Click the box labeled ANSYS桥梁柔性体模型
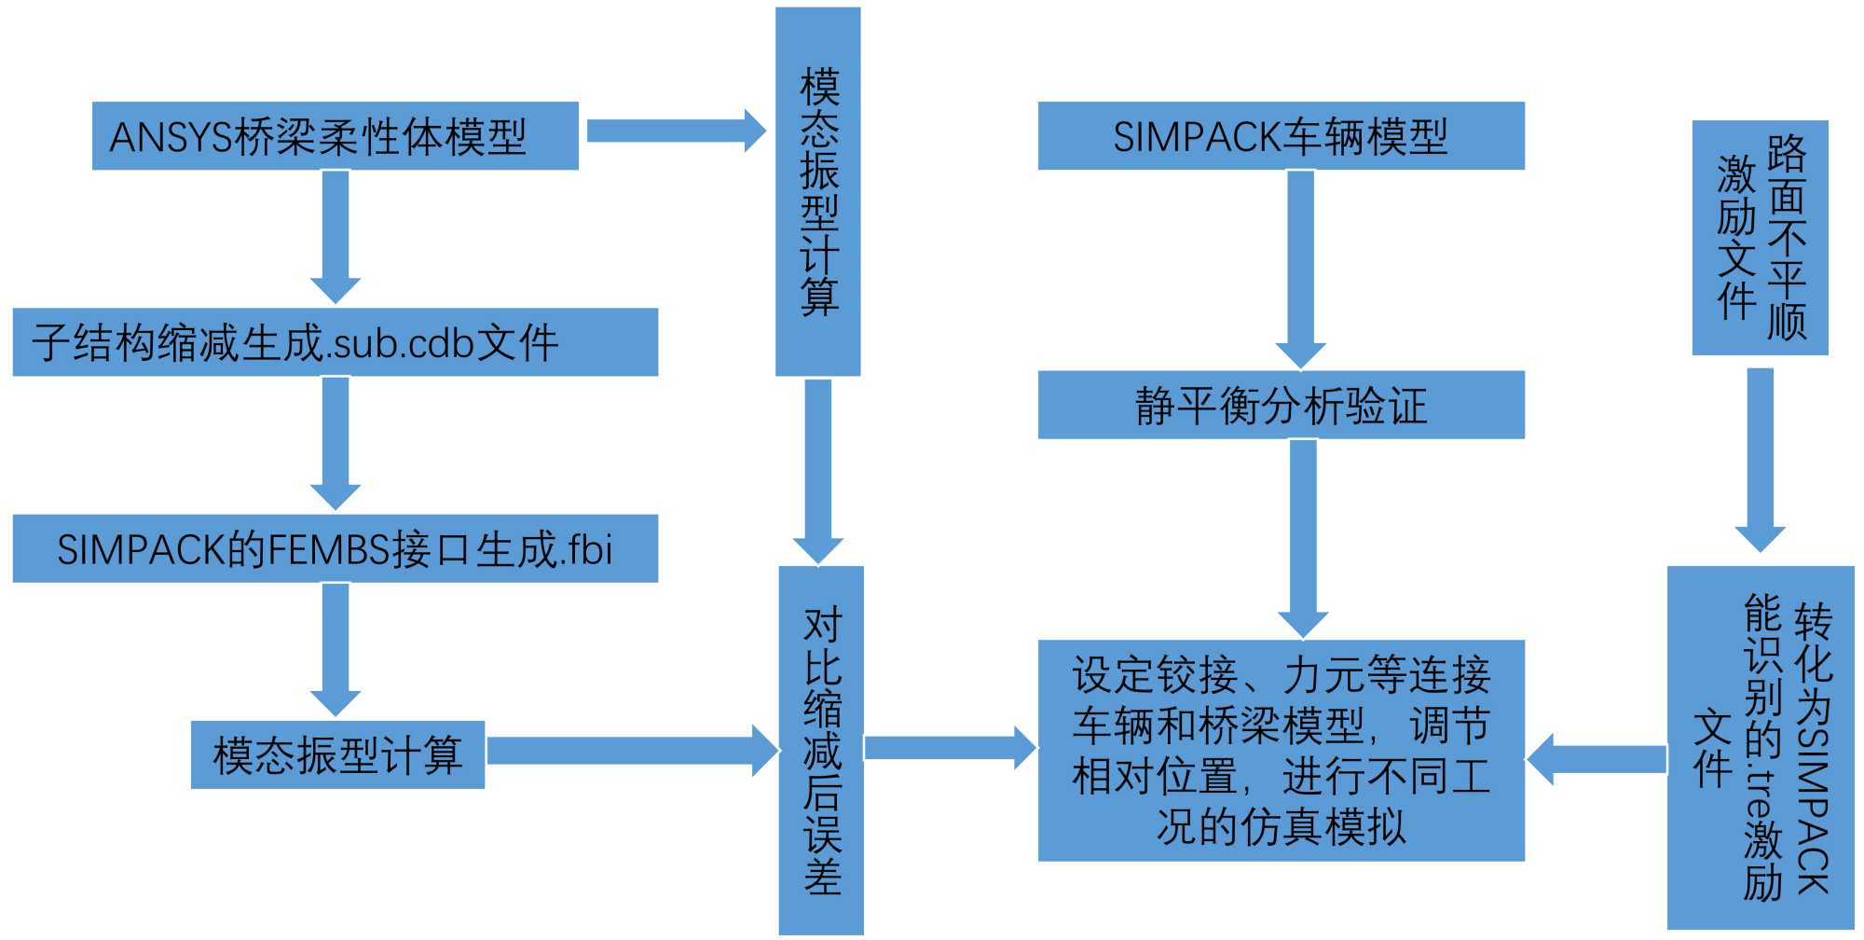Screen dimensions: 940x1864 tap(336, 136)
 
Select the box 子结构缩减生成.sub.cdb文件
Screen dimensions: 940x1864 tap(336, 342)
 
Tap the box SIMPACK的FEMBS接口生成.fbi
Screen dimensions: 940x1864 tap(336, 548)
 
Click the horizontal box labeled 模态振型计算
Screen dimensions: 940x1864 tap(337, 754)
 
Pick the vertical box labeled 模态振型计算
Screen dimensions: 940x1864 tap(818, 191)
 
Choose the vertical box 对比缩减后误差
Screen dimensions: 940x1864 tap(821, 751)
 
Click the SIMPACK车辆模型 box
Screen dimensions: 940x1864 tap(1281, 136)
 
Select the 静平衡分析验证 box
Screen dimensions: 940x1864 tap(1281, 405)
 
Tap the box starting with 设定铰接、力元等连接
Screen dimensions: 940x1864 tap(1281, 751)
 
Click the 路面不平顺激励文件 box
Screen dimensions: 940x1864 tap(1761, 238)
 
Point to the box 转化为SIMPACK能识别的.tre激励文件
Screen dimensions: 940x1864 tap(1761, 748)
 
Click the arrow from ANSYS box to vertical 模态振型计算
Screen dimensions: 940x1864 tap(676, 131)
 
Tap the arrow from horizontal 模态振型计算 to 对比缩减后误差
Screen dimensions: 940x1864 tap(632, 751)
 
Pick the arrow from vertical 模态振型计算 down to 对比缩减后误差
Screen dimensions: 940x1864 tap(818, 470)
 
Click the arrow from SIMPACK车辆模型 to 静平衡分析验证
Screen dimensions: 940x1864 tap(1301, 270)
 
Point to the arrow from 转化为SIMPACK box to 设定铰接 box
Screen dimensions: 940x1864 tap(1597, 759)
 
